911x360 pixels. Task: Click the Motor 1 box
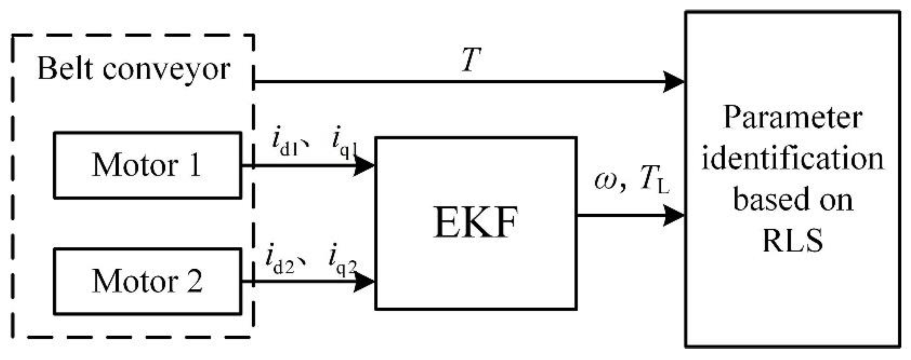pos(147,165)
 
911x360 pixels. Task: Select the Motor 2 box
pos(147,282)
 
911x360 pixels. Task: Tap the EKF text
pos(475,223)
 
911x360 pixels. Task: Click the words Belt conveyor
pos(133,70)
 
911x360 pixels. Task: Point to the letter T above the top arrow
pos(471,60)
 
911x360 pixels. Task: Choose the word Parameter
pos(793,118)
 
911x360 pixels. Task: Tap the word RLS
pos(793,241)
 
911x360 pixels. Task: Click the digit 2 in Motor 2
pos(194,282)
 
